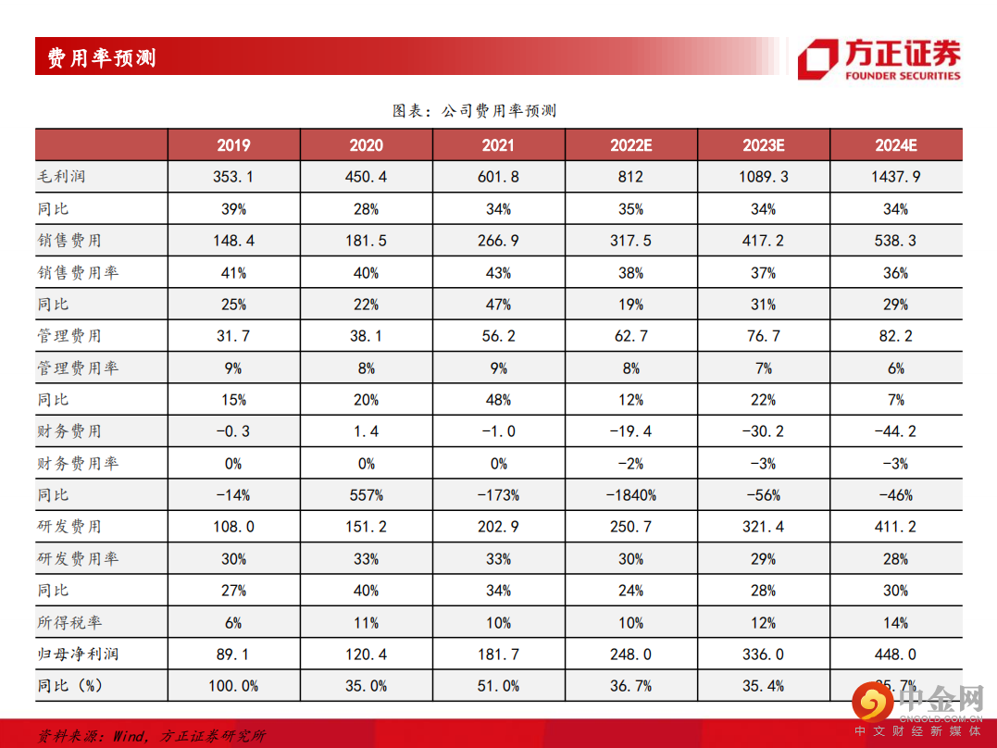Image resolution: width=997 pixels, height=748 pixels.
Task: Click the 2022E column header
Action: point(631,145)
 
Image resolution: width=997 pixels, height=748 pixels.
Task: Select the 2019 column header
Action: point(233,145)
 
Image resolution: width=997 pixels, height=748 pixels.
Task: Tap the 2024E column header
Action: point(895,145)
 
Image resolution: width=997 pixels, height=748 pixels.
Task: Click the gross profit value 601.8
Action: point(498,177)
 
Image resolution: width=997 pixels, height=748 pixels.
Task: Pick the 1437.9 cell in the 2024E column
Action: point(895,177)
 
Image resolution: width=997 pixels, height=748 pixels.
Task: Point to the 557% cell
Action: point(366,495)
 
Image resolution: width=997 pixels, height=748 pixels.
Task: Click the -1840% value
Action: point(631,495)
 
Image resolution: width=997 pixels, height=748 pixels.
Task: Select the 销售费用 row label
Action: point(69,241)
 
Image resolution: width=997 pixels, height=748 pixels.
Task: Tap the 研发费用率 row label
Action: point(78,559)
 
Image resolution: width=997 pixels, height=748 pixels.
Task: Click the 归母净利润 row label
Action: point(78,654)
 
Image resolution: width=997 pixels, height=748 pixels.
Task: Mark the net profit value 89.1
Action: point(233,654)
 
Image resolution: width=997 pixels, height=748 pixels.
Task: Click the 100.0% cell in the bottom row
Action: point(233,686)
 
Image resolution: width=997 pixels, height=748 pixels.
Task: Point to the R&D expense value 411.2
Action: point(895,527)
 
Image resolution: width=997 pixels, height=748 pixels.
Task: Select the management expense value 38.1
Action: point(366,336)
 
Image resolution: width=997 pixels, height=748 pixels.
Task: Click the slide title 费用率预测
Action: point(102,58)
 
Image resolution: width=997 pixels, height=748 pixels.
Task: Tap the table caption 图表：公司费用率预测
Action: point(474,111)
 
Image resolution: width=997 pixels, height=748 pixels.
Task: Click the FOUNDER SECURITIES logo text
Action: point(902,76)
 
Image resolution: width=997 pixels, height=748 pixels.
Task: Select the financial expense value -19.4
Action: point(631,431)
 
